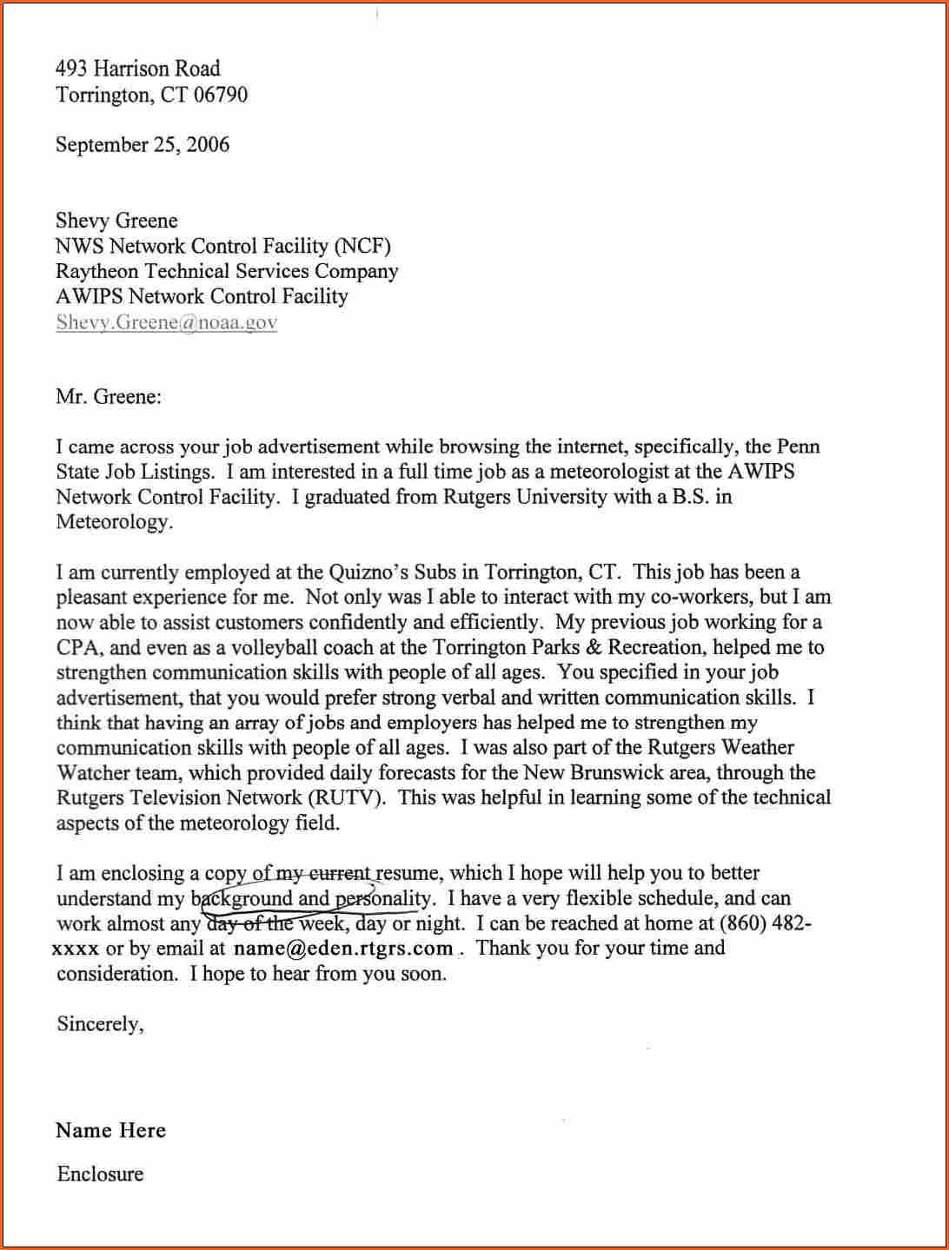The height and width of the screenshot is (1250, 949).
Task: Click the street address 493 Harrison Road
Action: (x=137, y=69)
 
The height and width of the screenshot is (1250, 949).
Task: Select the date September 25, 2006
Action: (x=143, y=144)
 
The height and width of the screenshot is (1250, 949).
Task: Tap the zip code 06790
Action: (x=221, y=95)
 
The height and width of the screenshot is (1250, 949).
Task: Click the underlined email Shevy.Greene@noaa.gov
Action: (x=166, y=322)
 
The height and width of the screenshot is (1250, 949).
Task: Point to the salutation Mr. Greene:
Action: (x=109, y=397)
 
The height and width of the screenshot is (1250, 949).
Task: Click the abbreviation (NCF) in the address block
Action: (x=362, y=246)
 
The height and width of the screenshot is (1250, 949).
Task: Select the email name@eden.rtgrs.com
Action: (x=343, y=948)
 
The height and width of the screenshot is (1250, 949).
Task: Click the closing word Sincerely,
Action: (x=100, y=1023)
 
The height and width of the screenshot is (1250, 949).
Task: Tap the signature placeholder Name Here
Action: (x=110, y=1130)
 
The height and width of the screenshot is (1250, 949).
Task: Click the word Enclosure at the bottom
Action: (x=100, y=1174)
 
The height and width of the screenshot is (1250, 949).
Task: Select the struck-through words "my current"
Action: (x=322, y=873)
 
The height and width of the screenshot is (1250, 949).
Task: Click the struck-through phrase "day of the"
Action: (x=249, y=923)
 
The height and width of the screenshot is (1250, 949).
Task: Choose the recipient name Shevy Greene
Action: (x=116, y=221)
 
